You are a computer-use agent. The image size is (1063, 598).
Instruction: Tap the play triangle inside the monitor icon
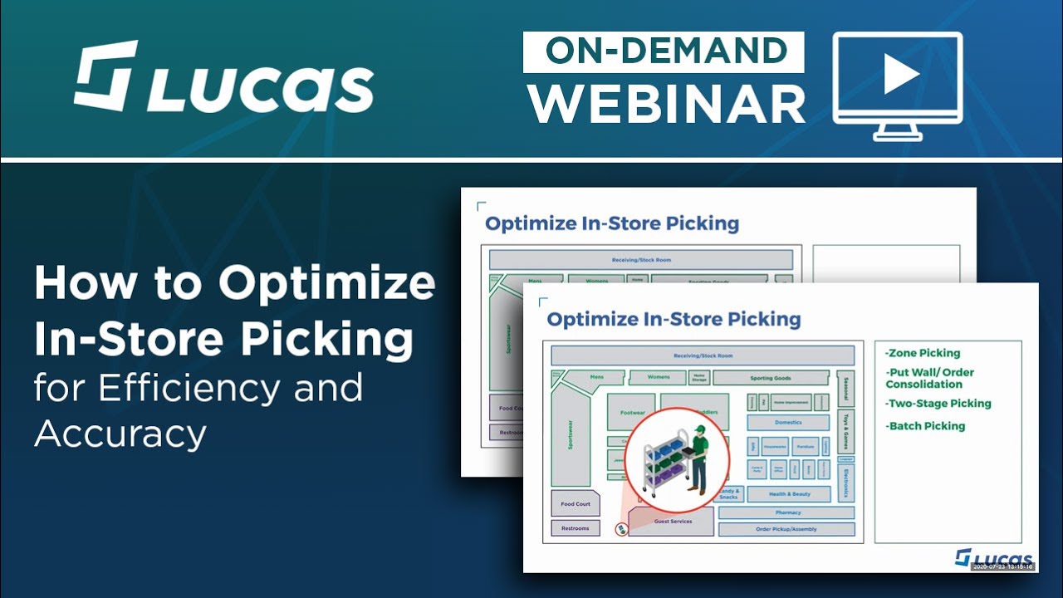click(899, 76)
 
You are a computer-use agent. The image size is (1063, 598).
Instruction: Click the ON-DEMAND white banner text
click(664, 51)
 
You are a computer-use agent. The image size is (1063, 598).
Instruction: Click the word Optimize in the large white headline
click(327, 283)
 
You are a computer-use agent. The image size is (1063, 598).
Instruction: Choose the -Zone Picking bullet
click(923, 353)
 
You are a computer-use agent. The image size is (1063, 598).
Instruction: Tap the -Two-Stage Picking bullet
click(938, 404)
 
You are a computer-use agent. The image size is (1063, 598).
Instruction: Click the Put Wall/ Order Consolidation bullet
click(929, 378)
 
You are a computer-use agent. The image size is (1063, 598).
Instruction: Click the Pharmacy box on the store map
click(786, 513)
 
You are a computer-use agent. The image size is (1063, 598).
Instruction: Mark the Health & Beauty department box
click(788, 494)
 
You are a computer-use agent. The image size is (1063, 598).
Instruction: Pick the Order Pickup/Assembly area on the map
click(786, 529)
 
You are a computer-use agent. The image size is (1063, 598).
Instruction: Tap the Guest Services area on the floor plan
click(672, 522)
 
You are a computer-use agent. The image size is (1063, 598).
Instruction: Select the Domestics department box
click(788, 422)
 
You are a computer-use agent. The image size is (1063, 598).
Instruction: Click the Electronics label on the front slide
click(845, 482)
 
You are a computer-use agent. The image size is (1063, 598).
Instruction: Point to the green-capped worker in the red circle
click(698, 461)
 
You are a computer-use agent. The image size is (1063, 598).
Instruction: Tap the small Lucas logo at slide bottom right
click(994, 557)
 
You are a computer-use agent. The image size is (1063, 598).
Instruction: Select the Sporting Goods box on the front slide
click(770, 378)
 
